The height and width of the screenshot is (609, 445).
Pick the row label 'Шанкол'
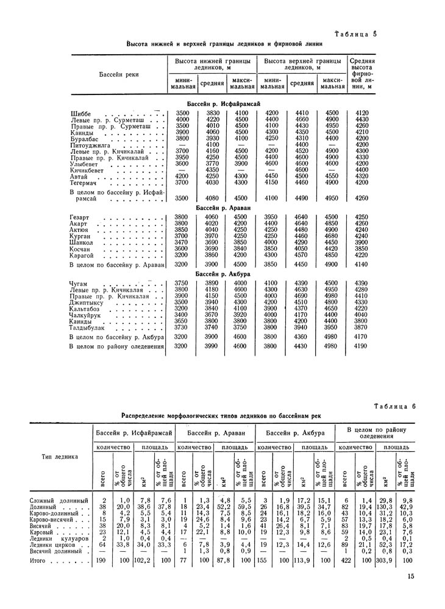(x=82, y=242)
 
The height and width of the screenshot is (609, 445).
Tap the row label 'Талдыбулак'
(x=88, y=328)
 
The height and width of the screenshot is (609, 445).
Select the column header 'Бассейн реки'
(x=119, y=74)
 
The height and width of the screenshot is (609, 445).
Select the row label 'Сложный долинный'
(x=57, y=501)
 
